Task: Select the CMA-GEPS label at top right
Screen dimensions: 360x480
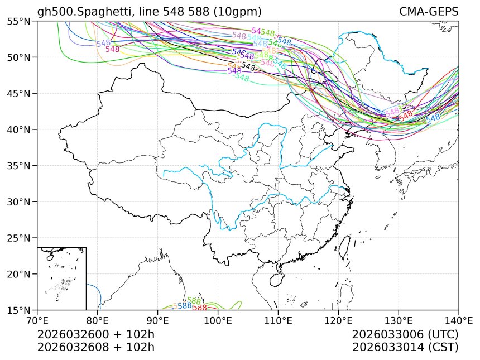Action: click(x=429, y=12)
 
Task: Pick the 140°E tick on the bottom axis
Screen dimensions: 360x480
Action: click(x=458, y=321)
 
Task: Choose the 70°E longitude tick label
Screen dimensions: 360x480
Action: click(x=37, y=321)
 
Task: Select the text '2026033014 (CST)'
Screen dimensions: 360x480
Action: click(x=405, y=347)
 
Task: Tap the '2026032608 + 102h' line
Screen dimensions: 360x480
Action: click(x=95, y=347)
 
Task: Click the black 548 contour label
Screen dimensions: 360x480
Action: click(x=248, y=67)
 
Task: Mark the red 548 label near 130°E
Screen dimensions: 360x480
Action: click(x=406, y=114)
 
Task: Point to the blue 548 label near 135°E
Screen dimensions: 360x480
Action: click(x=433, y=118)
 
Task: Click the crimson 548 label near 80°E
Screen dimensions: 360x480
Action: click(x=113, y=49)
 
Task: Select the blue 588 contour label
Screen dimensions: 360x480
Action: click(x=185, y=305)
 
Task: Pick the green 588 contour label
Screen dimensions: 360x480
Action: click(x=194, y=301)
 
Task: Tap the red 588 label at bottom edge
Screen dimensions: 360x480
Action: click(x=200, y=308)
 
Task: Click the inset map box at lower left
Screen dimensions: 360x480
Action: click(x=61, y=278)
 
